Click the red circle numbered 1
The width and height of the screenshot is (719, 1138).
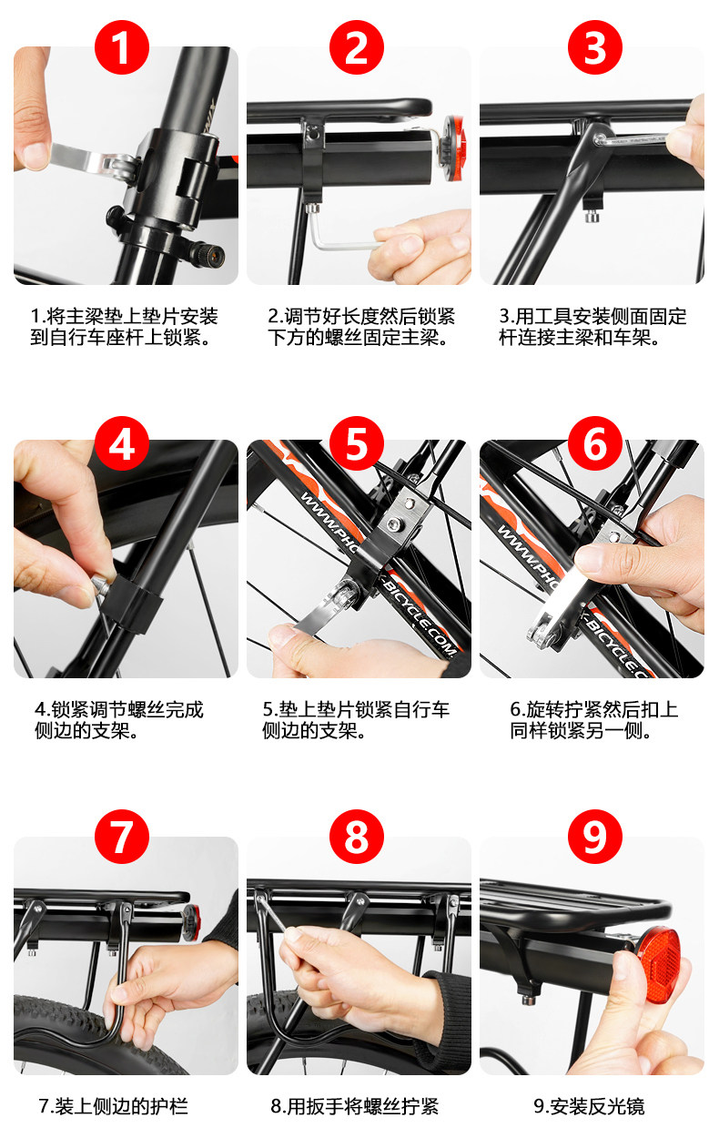click(x=122, y=47)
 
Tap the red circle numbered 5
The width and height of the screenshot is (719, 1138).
click(x=357, y=443)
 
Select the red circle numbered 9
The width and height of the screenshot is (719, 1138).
click(x=595, y=837)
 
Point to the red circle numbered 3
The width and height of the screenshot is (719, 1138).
click(x=595, y=47)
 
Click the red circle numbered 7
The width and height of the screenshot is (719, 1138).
click(x=122, y=837)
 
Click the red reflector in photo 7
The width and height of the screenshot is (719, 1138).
click(x=192, y=922)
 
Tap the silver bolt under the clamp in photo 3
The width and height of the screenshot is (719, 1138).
click(x=591, y=217)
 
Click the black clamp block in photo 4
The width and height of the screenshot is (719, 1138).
click(x=131, y=605)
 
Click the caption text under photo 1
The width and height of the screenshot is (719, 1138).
click(x=124, y=327)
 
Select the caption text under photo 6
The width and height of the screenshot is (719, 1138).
click(x=594, y=720)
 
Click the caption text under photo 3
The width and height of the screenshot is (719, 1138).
click(x=592, y=327)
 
